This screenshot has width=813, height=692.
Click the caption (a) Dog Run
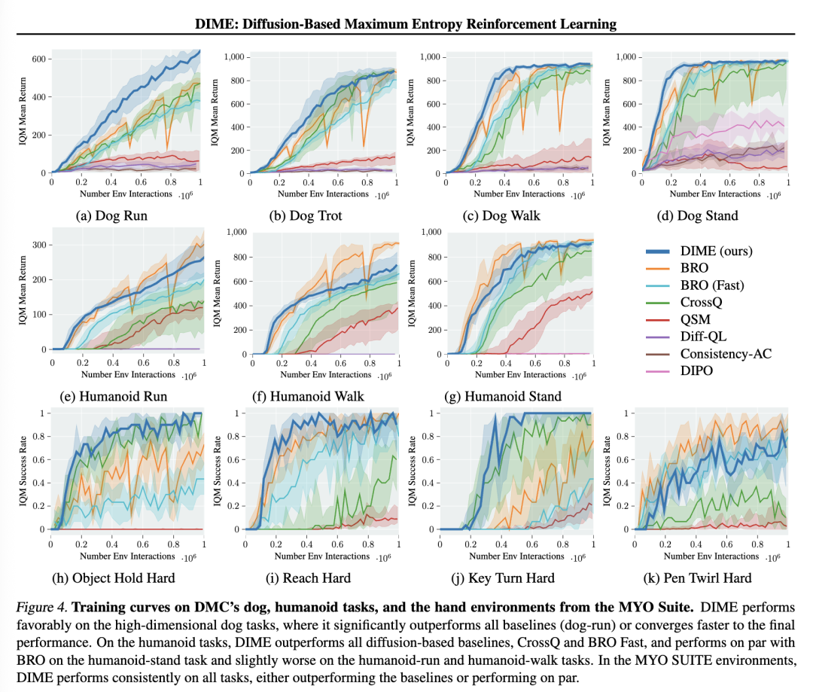[111, 216]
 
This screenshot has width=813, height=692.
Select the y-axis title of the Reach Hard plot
[218, 471]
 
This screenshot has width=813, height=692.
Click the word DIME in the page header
[216, 24]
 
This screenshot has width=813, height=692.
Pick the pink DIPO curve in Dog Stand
[723, 122]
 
